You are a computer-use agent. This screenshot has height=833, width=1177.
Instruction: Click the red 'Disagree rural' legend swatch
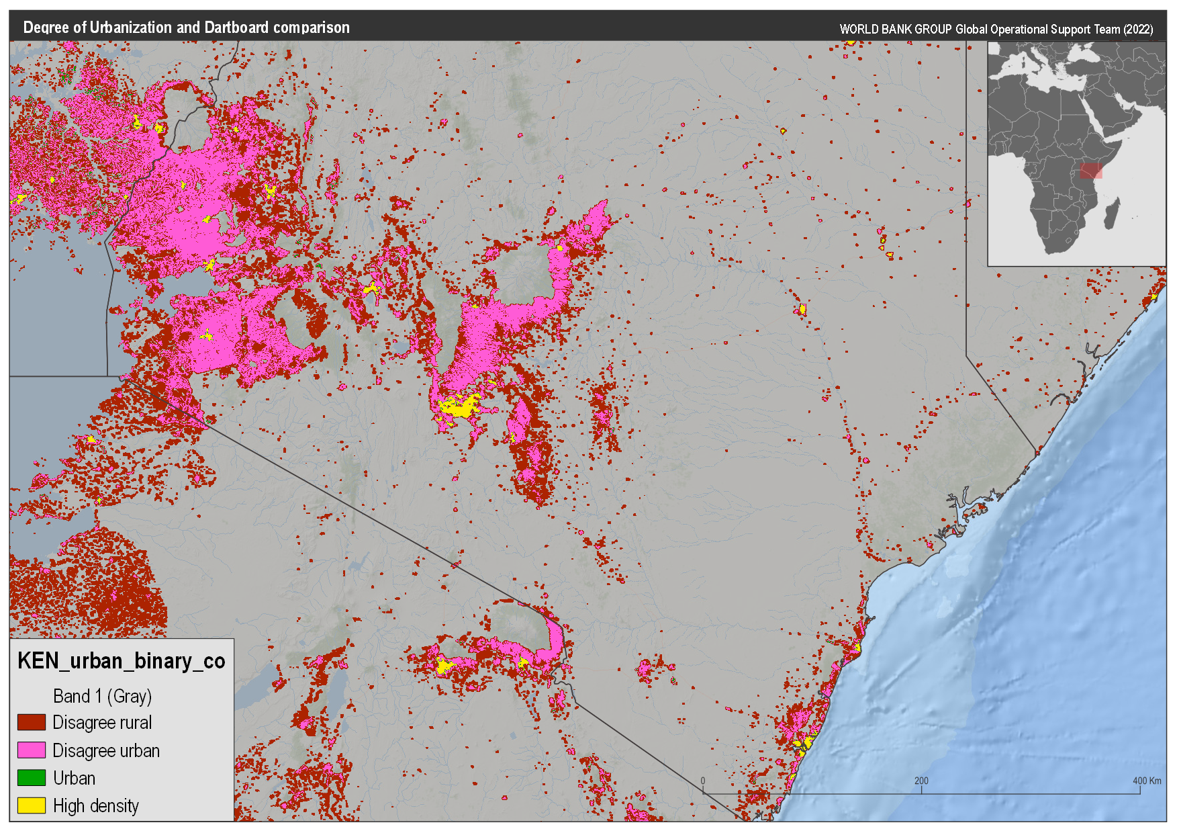tap(31, 722)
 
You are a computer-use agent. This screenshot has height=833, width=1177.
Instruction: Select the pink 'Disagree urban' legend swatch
tap(31, 750)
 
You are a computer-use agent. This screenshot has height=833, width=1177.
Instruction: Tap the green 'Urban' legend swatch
tap(31, 778)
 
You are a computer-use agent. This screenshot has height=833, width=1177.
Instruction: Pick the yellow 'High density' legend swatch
tap(31, 805)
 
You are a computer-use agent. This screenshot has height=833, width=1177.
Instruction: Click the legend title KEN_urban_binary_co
tap(121, 661)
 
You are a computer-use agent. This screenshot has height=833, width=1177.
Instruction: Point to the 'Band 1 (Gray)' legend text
tap(102, 696)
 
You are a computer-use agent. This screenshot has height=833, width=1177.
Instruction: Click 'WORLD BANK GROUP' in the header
tap(896, 30)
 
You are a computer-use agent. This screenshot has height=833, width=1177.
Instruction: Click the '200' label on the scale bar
tap(921, 781)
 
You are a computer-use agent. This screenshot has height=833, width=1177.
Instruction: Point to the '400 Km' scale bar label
tap(1146, 781)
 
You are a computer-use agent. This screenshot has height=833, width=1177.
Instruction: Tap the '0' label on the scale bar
tap(703, 781)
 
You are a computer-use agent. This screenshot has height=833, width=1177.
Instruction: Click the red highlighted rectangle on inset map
tap(1091, 171)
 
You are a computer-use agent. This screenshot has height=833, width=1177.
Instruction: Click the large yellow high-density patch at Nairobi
tap(458, 407)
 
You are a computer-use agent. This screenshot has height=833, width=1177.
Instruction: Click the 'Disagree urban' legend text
tap(106, 750)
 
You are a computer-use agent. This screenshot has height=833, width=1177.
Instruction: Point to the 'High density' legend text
tap(96, 805)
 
